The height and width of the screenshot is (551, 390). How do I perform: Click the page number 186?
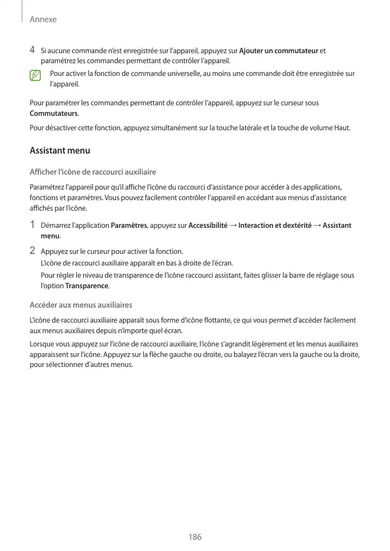tap(195, 537)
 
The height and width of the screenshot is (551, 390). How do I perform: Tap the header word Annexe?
tap(43, 19)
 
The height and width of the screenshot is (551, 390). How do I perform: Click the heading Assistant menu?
tap(59, 151)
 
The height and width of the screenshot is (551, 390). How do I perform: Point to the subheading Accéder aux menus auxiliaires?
tap(80, 305)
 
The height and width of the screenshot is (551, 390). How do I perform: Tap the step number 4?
tap(33, 51)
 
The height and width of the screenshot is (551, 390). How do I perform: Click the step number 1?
tap(33, 225)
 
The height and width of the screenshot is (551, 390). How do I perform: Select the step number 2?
tap(33, 251)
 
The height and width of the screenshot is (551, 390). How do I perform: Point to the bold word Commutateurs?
tap(53, 114)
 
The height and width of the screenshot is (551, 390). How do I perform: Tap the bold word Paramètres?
tap(129, 226)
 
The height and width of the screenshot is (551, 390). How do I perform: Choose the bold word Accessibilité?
tap(208, 226)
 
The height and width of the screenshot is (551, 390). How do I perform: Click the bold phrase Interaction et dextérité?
tap(275, 226)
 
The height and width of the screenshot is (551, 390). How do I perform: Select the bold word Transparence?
tap(87, 286)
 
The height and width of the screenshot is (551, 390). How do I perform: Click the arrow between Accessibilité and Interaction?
tap(232, 226)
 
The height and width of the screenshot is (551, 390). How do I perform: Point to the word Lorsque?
tap(42, 344)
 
